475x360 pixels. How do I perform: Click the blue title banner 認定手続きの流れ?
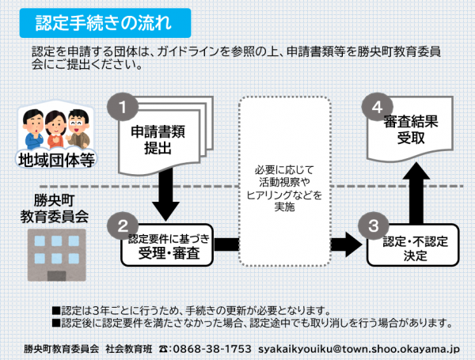105,23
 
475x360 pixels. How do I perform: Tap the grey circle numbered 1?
123,107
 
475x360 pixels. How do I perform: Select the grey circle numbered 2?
123,225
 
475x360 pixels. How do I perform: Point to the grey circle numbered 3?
373,225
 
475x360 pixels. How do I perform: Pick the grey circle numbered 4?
378,107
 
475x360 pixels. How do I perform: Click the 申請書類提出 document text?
158,140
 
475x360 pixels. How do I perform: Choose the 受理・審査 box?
167,245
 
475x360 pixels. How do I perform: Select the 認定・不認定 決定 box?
413,245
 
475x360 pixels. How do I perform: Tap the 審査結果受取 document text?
411,130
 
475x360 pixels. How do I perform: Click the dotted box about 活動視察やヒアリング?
285,181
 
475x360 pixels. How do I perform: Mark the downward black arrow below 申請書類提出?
165,194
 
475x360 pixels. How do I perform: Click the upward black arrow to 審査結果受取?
416,193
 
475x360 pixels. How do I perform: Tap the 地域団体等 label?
56,160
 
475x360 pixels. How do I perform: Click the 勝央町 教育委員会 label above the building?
55,209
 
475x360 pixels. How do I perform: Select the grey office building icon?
57,256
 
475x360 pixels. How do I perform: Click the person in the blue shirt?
34,129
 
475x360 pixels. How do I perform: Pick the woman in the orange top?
55,130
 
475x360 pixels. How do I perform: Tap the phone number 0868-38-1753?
211,349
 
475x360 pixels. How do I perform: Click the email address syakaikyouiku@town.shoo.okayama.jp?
359,349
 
